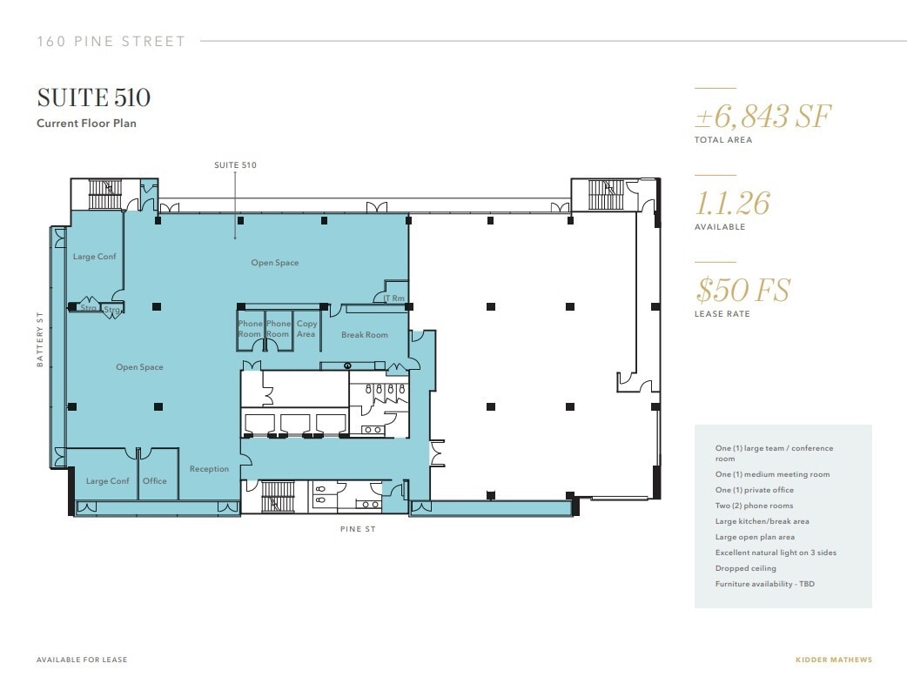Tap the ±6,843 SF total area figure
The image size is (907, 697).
763,116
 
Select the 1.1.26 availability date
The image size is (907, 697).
732,203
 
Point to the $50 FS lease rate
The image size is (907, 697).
742,290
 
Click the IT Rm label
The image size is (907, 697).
393,298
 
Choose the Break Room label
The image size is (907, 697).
364,335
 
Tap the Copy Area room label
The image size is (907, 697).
306,329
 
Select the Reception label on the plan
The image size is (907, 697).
209,469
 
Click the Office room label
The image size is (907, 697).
155,481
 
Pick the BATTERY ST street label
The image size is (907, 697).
40,340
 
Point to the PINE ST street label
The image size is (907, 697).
359,529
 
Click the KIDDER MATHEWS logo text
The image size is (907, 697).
833,660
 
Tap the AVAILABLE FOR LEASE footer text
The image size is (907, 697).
82,660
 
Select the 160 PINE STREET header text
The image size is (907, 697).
111,41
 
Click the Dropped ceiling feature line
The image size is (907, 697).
746,568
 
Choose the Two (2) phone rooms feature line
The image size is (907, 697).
754,506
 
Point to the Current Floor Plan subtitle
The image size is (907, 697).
86,124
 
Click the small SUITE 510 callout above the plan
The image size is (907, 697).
235,164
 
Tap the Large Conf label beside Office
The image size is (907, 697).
107,481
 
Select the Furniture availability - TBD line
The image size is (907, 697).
764,584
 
